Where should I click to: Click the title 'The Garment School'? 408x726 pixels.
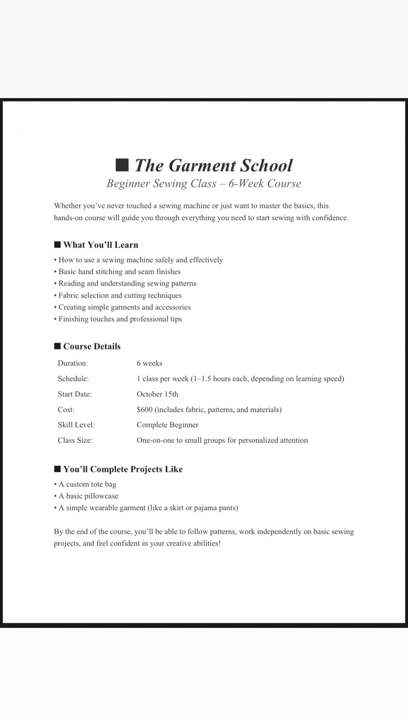coord(213,165)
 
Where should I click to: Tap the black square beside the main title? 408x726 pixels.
coord(122,165)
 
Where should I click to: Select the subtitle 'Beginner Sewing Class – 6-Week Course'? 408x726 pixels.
coord(204,184)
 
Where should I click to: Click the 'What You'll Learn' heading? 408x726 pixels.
coord(100,245)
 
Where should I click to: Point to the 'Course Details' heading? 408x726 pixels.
coord(92,346)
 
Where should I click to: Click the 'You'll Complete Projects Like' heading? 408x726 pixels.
coord(123,469)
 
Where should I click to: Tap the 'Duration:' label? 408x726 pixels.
coord(73,363)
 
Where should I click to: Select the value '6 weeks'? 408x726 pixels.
coord(150,363)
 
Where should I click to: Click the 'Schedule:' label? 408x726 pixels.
coord(73,379)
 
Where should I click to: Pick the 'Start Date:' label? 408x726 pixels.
coord(75,394)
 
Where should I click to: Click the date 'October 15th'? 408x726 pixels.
coord(158,394)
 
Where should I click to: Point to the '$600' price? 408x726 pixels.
coord(145,410)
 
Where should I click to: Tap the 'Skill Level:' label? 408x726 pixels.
coord(76,425)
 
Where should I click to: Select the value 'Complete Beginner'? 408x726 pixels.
coord(168,425)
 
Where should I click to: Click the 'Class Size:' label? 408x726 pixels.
coord(75,440)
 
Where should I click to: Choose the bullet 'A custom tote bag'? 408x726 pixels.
coord(87,484)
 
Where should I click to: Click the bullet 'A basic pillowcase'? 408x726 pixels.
coord(88,496)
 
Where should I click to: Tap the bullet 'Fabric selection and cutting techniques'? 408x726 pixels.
coord(120,296)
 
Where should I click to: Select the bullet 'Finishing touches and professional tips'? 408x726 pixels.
coord(120,319)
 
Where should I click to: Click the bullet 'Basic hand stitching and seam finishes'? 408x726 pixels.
coord(120,272)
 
